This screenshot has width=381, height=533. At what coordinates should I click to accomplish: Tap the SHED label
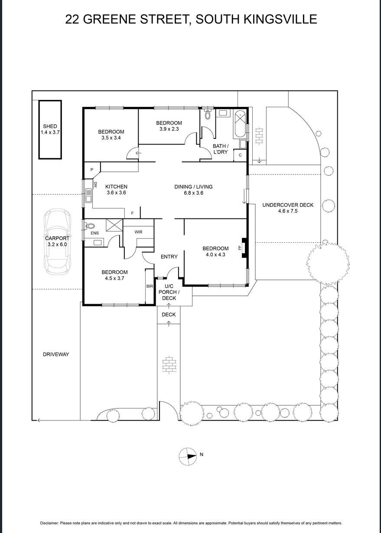pos(50,126)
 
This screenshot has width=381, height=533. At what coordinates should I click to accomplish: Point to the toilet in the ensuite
pos(90,225)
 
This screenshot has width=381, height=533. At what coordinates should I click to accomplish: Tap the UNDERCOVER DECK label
pos(287,205)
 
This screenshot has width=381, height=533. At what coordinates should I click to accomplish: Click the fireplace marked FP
pos(244,248)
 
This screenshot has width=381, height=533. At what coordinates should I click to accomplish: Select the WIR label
pos(138,232)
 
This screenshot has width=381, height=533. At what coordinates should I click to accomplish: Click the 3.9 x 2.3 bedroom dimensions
pos(169,129)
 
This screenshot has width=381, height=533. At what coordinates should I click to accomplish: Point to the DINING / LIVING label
pos(193,187)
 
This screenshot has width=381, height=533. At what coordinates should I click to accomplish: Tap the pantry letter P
pos(92,170)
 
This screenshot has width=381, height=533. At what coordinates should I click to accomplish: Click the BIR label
pos(149,286)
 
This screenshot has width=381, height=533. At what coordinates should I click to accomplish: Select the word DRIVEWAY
pos(56,354)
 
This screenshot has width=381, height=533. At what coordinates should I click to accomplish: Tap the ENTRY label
pos(169,257)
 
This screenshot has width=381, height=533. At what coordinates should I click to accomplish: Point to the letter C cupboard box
pos(240,154)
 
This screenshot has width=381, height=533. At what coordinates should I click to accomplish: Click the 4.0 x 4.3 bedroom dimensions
pos(215,255)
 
